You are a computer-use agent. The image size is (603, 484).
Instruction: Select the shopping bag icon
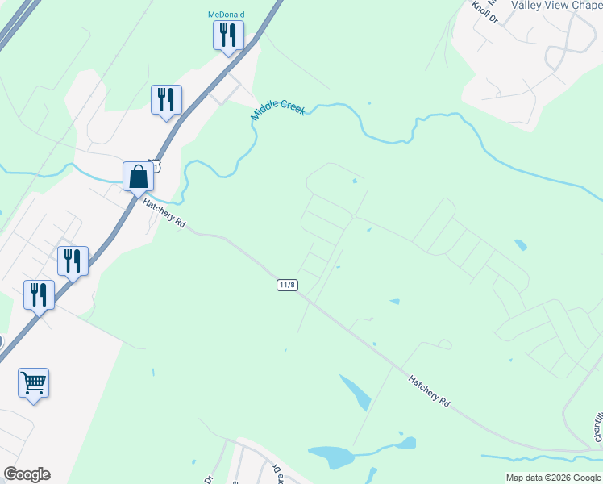pyautogui.click(x=139, y=176)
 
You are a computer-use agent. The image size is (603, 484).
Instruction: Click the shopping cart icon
pyautogui.click(x=34, y=382)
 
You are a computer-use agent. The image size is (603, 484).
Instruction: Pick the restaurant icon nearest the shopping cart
pyautogui.click(x=40, y=294)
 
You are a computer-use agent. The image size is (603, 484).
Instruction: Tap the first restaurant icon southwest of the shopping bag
pyautogui.click(x=73, y=261)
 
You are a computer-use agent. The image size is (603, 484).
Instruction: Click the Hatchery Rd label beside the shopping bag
pyautogui.click(x=164, y=215)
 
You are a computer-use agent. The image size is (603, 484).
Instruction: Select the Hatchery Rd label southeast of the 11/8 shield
pyautogui.click(x=428, y=390)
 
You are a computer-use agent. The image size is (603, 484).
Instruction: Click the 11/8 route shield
pyautogui.click(x=288, y=285)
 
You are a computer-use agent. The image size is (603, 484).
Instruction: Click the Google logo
pyautogui.click(x=27, y=474)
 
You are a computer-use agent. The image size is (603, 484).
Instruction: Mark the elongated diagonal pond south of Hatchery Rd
pyautogui.click(x=355, y=392)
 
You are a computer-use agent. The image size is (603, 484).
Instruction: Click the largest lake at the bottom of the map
pyautogui.click(x=333, y=457)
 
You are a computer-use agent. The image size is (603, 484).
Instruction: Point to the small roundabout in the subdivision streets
pyautogui.click(x=355, y=216)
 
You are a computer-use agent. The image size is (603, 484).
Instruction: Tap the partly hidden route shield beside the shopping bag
pyautogui.click(x=156, y=165)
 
